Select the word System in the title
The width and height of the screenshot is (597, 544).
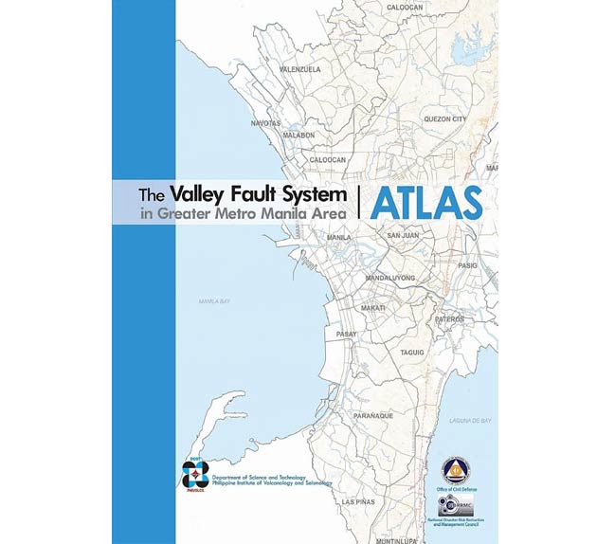(317, 194)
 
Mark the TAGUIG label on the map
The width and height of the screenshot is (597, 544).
(412, 352)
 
